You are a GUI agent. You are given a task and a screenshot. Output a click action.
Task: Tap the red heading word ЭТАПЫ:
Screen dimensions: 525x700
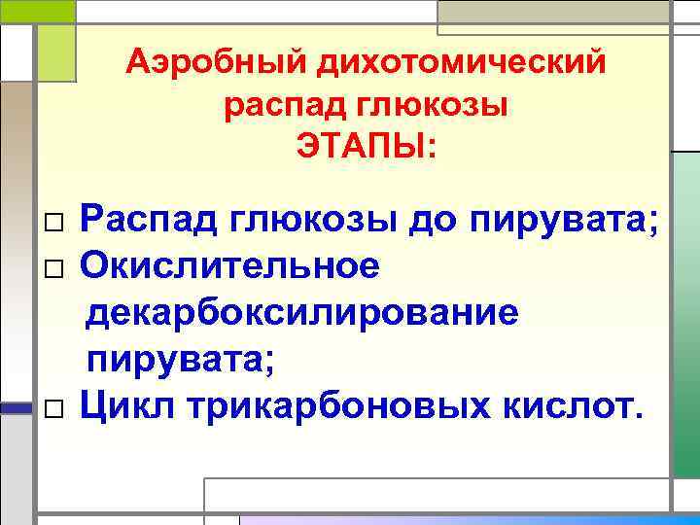367,148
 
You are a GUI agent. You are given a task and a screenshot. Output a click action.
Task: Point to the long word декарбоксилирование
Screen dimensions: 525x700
302,312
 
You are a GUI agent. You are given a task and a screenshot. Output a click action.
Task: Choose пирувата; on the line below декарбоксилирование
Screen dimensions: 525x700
182,360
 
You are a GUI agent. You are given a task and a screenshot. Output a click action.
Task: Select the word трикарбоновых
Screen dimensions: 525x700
332,405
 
